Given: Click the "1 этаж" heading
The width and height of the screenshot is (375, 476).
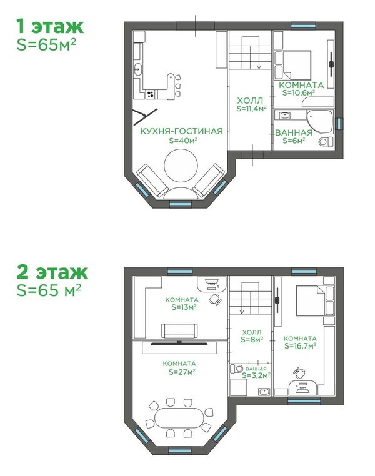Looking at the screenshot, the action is [50, 26].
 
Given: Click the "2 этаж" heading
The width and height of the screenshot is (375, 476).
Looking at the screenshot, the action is [52, 272].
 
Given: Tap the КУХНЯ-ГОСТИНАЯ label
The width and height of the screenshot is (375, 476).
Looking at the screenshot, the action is [182, 131].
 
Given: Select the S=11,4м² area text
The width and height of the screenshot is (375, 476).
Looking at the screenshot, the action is [251, 108].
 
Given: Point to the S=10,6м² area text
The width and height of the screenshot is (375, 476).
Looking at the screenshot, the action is [299, 92].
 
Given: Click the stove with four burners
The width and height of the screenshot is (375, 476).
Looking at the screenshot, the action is [150, 94].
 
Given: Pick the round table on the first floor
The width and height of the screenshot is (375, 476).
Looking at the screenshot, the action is [181, 166].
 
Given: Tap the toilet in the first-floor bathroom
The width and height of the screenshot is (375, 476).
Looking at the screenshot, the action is [326, 141].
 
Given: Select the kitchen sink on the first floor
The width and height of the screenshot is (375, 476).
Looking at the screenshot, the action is [138, 69].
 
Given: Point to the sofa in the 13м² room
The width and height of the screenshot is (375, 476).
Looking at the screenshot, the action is [179, 330].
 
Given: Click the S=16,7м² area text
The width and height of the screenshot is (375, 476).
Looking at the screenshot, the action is [300, 346].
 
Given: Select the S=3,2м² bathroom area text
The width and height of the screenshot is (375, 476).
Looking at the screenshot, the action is [256, 375].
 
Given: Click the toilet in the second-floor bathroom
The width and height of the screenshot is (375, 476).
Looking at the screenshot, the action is [236, 369].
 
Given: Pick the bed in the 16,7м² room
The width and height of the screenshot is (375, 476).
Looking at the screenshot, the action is [310, 300].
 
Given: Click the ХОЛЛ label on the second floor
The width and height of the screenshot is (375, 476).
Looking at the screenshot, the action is [252, 332].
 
